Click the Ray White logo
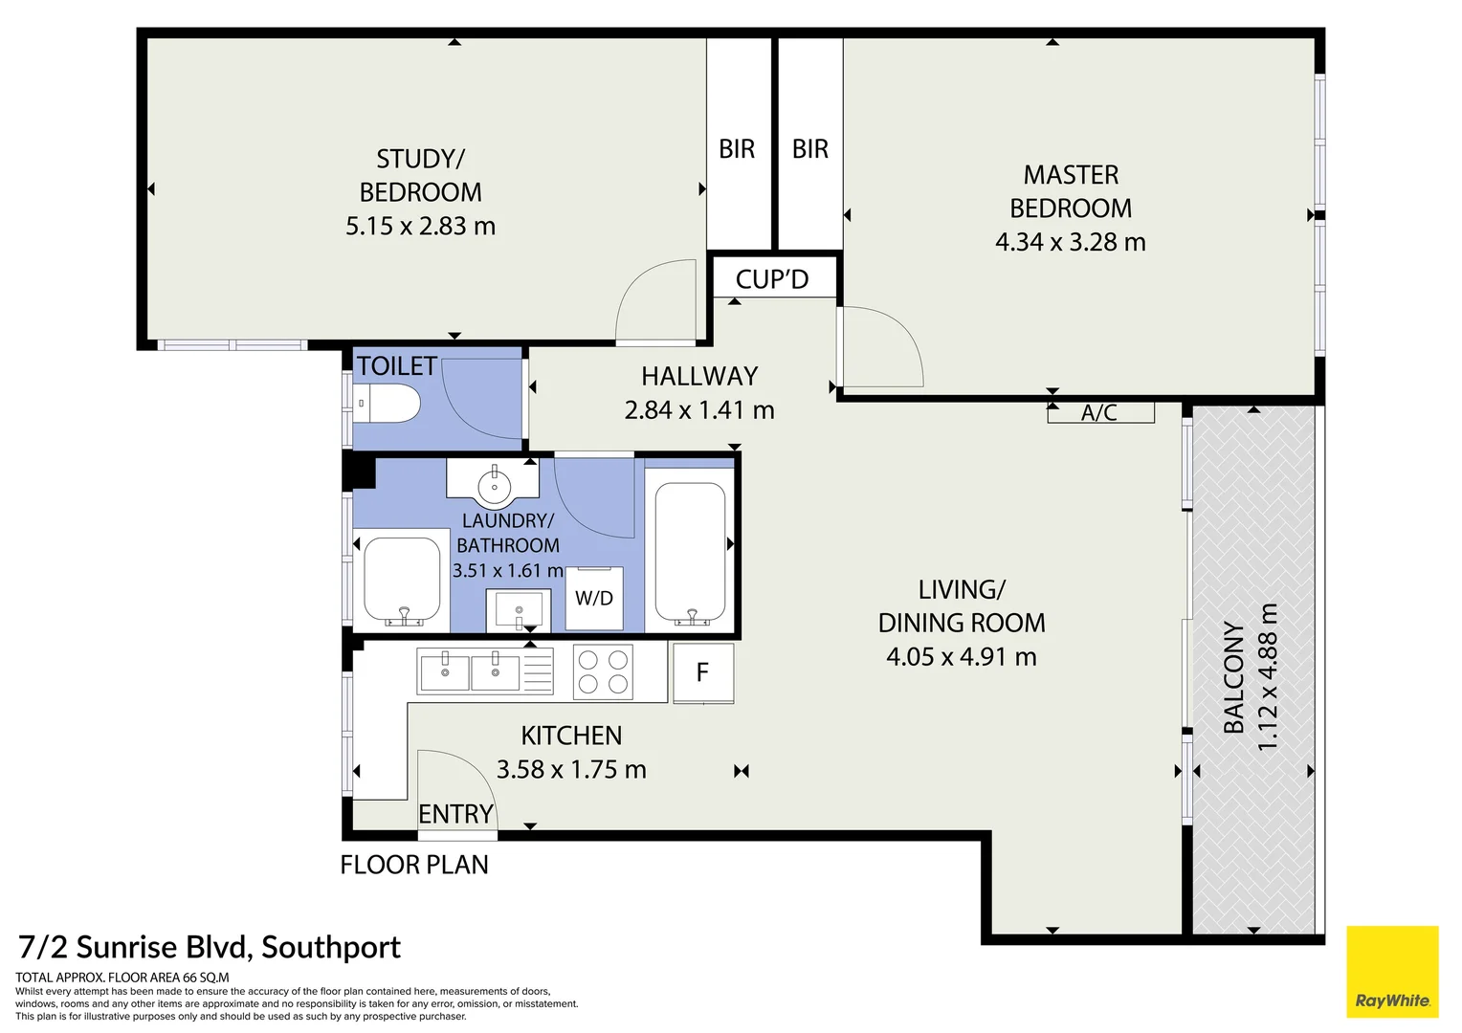tap(1392, 971)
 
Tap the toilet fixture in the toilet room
tap(387, 404)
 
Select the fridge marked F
tap(703, 672)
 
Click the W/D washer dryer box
tap(594, 598)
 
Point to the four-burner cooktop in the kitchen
tap(603, 671)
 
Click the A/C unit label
tap(1099, 412)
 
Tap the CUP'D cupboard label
tap(772, 279)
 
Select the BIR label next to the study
tap(737, 149)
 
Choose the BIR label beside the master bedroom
tap(810, 149)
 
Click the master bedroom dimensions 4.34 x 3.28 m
tap(1070, 242)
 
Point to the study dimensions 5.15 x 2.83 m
tap(420, 227)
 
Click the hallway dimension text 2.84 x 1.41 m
tap(699, 410)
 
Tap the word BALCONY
tap(1234, 677)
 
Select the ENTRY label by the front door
tap(455, 814)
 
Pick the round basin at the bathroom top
tap(494, 483)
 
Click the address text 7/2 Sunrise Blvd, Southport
tap(210, 947)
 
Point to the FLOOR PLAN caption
tap(414, 865)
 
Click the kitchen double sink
tap(469, 671)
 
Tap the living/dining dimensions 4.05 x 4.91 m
tap(961, 657)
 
